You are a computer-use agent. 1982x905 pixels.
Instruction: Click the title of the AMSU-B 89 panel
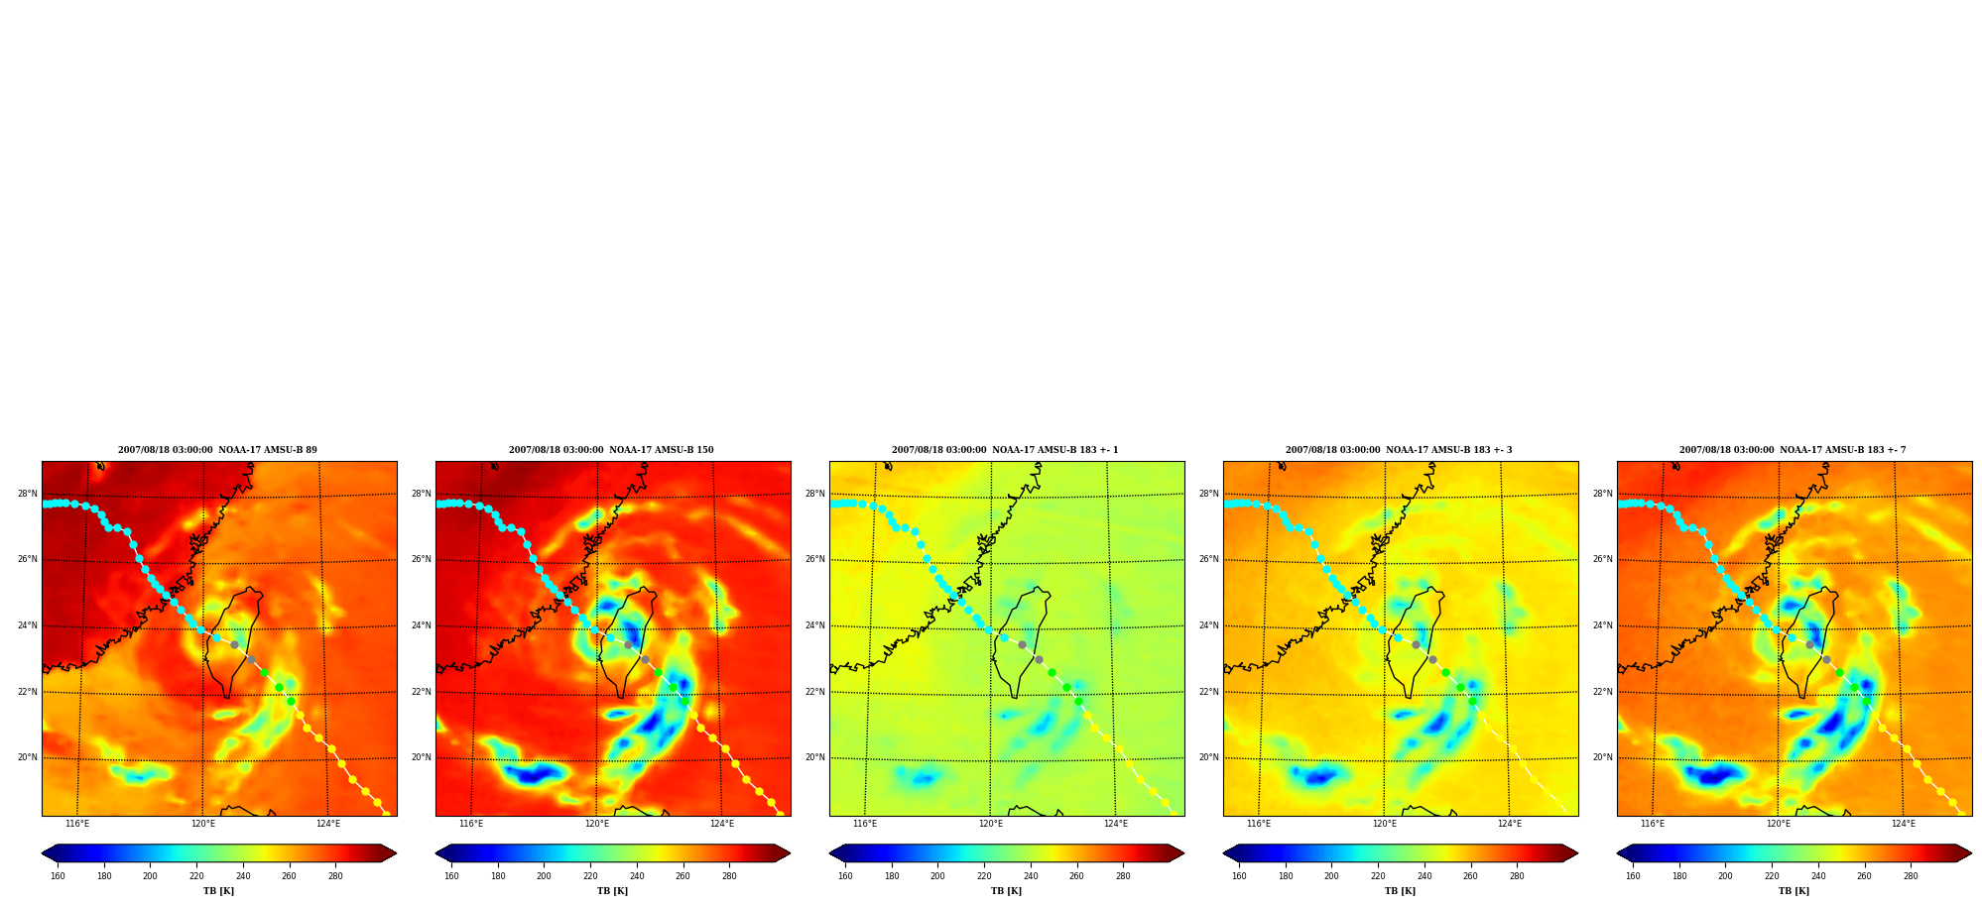tap(217, 450)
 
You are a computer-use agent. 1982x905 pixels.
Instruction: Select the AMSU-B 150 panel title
tap(611, 450)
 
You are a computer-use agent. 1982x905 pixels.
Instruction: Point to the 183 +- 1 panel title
tap(1005, 450)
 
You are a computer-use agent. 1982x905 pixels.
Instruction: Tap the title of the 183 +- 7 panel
tap(1793, 450)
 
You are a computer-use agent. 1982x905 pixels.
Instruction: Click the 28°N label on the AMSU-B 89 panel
tap(27, 494)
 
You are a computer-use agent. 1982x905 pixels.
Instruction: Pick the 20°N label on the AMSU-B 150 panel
tap(421, 757)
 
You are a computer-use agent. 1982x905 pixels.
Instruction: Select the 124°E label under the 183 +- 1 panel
tap(1116, 824)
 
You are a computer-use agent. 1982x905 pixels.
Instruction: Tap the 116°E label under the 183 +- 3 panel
tap(1259, 824)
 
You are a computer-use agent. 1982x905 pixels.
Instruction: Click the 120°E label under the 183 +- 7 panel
tap(1779, 824)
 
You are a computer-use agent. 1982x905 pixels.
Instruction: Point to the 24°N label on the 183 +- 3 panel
tap(1208, 625)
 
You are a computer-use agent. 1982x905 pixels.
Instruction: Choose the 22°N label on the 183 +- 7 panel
tap(1602, 692)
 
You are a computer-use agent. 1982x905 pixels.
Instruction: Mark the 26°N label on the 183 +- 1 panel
tap(814, 559)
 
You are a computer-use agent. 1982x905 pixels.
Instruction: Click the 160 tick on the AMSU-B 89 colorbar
tap(58, 875)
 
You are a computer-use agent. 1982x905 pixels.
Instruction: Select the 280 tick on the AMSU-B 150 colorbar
tap(729, 875)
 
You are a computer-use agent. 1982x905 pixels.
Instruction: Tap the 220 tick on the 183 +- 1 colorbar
tap(984, 875)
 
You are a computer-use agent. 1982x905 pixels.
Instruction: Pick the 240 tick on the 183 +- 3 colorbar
tap(1425, 875)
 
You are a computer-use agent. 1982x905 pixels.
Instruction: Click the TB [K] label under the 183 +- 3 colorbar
tap(1400, 891)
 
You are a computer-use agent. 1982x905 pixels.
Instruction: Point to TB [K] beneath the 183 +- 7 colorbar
tap(1794, 891)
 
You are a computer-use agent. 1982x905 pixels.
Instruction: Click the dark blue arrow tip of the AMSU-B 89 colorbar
tap(42, 852)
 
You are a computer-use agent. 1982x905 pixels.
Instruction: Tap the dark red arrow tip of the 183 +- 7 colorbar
tap(1971, 852)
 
